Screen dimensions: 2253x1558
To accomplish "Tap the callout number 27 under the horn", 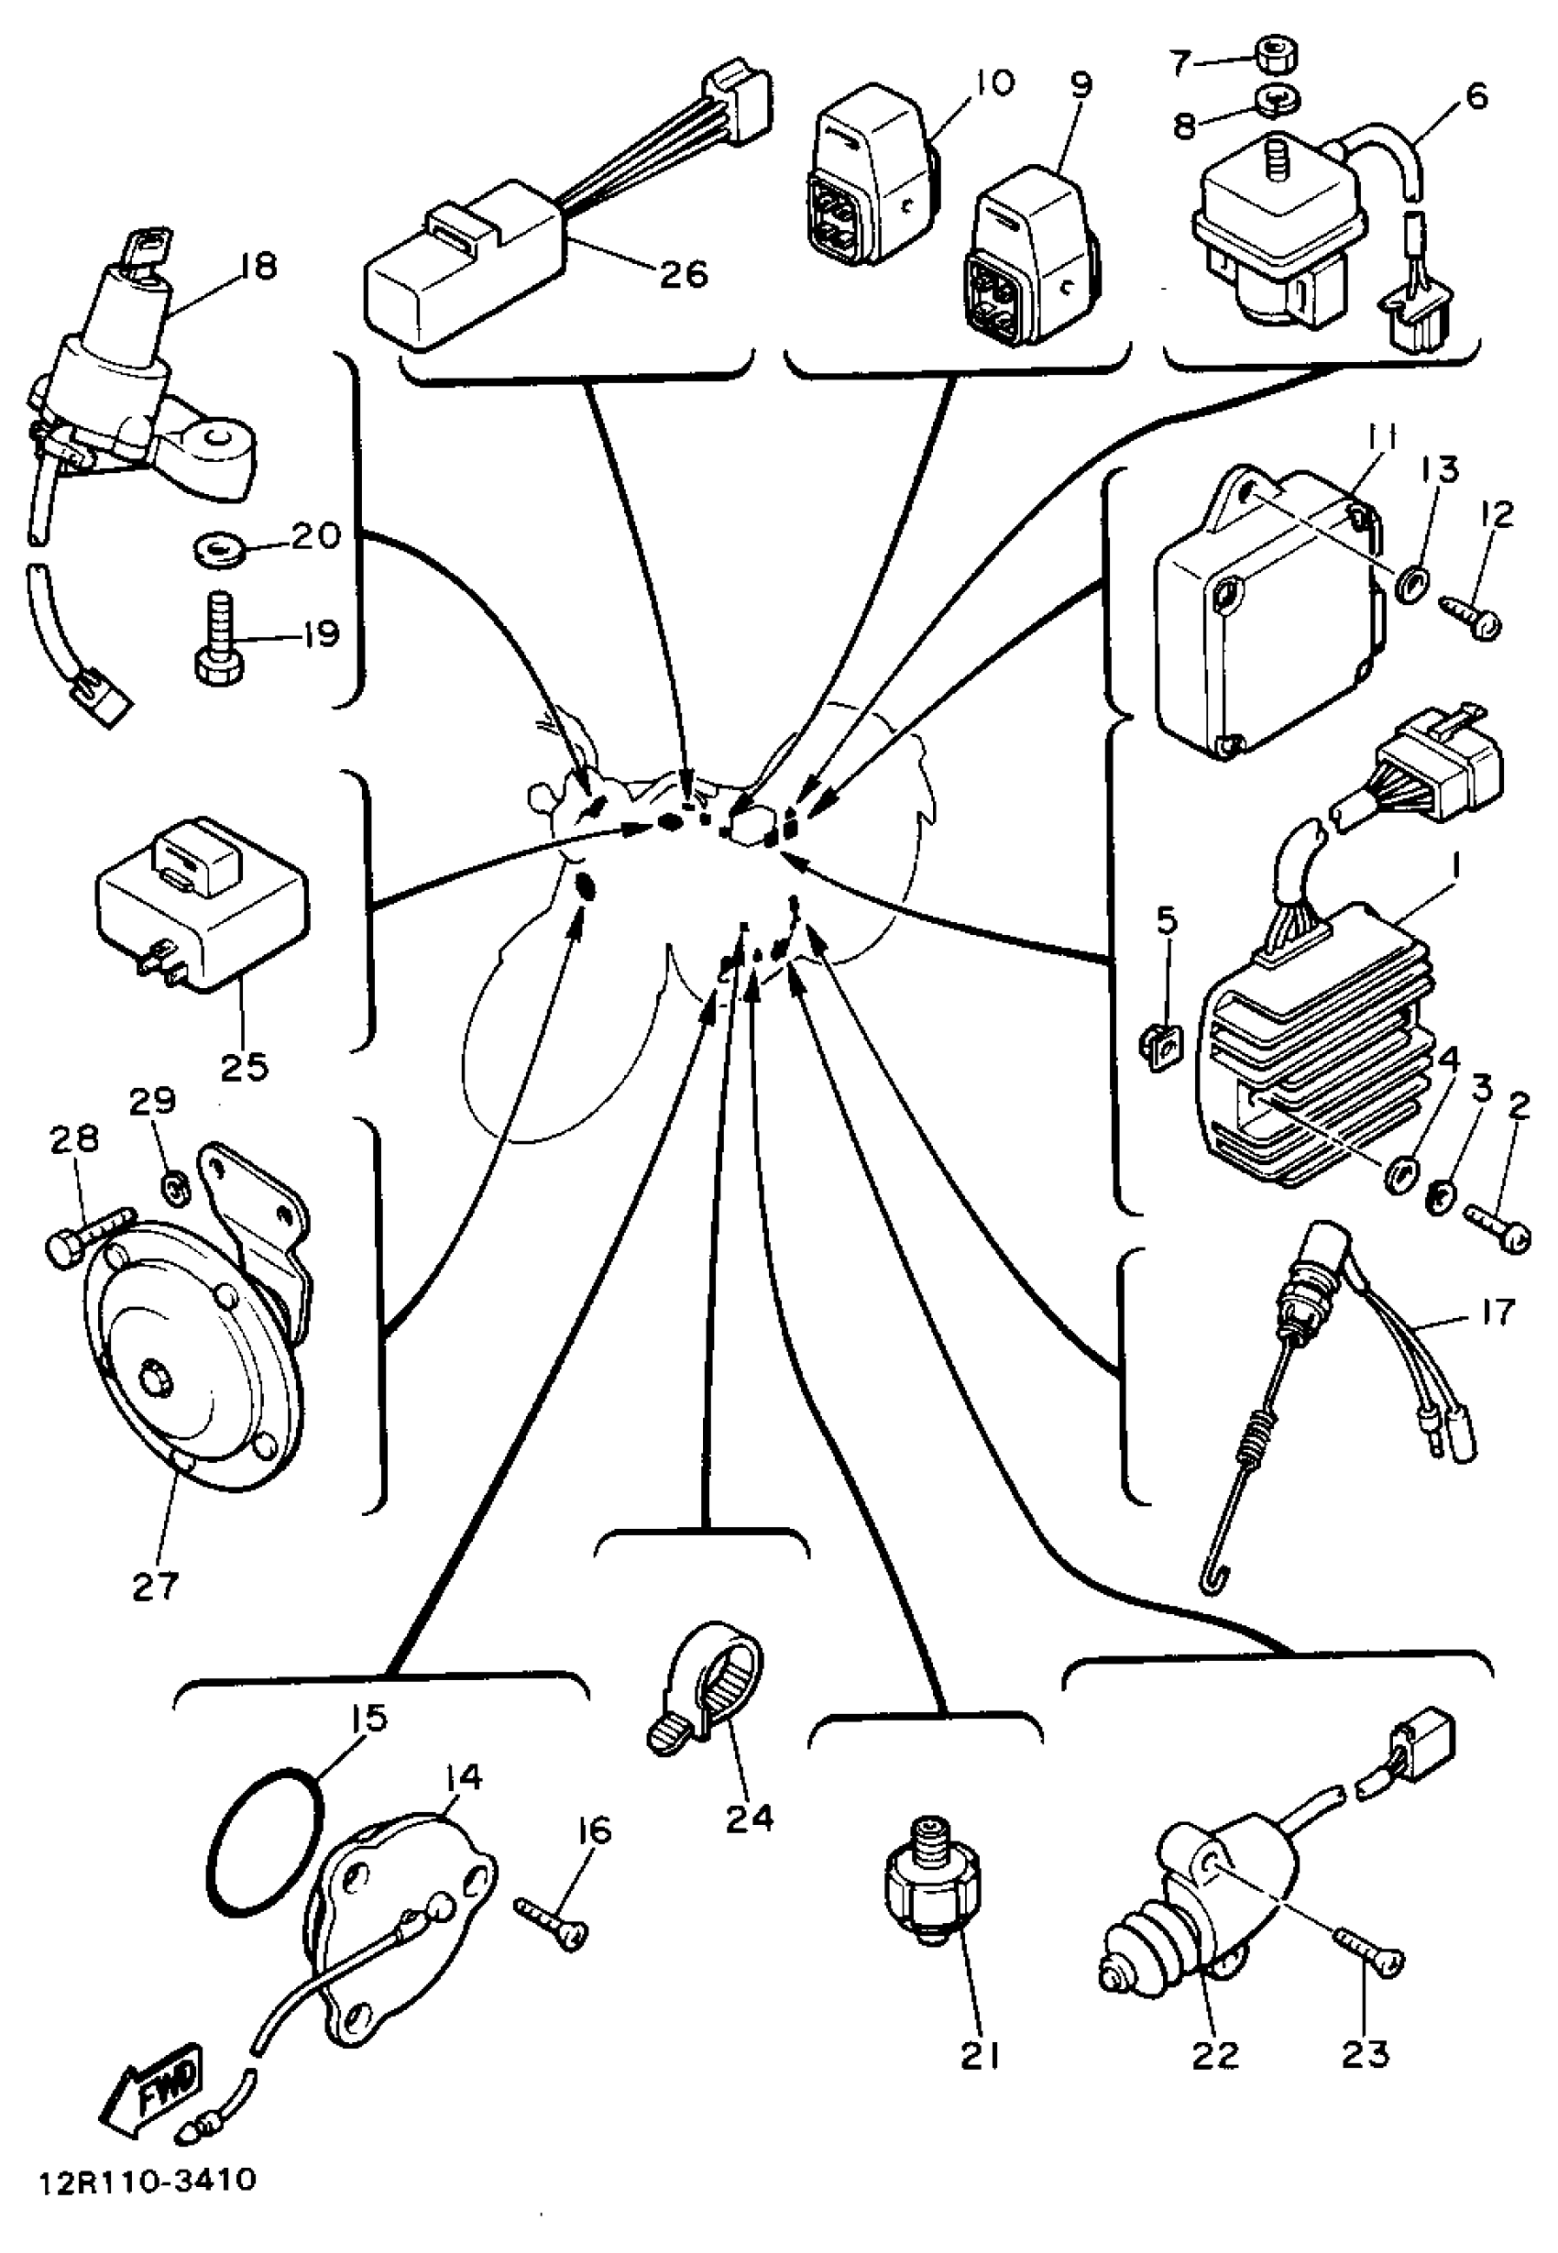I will [x=156, y=1586].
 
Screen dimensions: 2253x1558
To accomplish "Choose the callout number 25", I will [x=244, y=1066].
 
